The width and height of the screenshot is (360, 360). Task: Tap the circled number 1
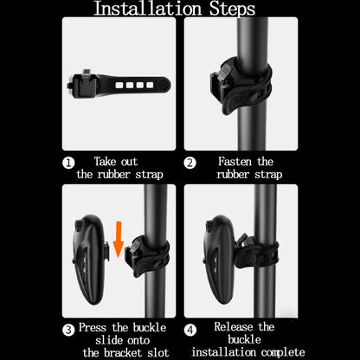pyautogui.click(x=69, y=162)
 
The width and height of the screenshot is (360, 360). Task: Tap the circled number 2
pyautogui.click(x=190, y=162)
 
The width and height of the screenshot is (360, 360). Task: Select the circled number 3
pyautogui.click(x=67, y=327)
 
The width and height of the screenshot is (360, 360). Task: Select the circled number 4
pyautogui.click(x=190, y=327)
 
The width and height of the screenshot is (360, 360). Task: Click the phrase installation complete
pyautogui.click(x=247, y=351)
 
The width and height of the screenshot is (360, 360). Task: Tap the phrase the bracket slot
pyautogui.click(x=118, y=351)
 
